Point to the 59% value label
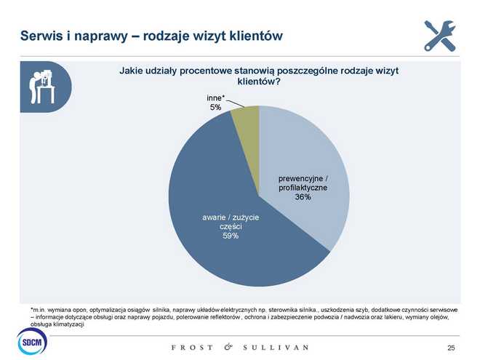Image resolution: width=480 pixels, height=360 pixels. pyautogui.click(x=231, y=236)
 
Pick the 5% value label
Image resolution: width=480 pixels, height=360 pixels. pyautogui.click(x=216, y=107)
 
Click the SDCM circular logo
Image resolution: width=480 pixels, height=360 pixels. pyautogui.click(x=31, y=341)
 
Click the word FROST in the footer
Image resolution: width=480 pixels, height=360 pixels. pyautogui.click(x=192, y=348)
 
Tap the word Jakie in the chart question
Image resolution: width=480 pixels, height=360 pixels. pyautogui.click(x=132, y=71)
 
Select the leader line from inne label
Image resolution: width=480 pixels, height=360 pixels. pyautogui.click(x=235, y=103)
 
